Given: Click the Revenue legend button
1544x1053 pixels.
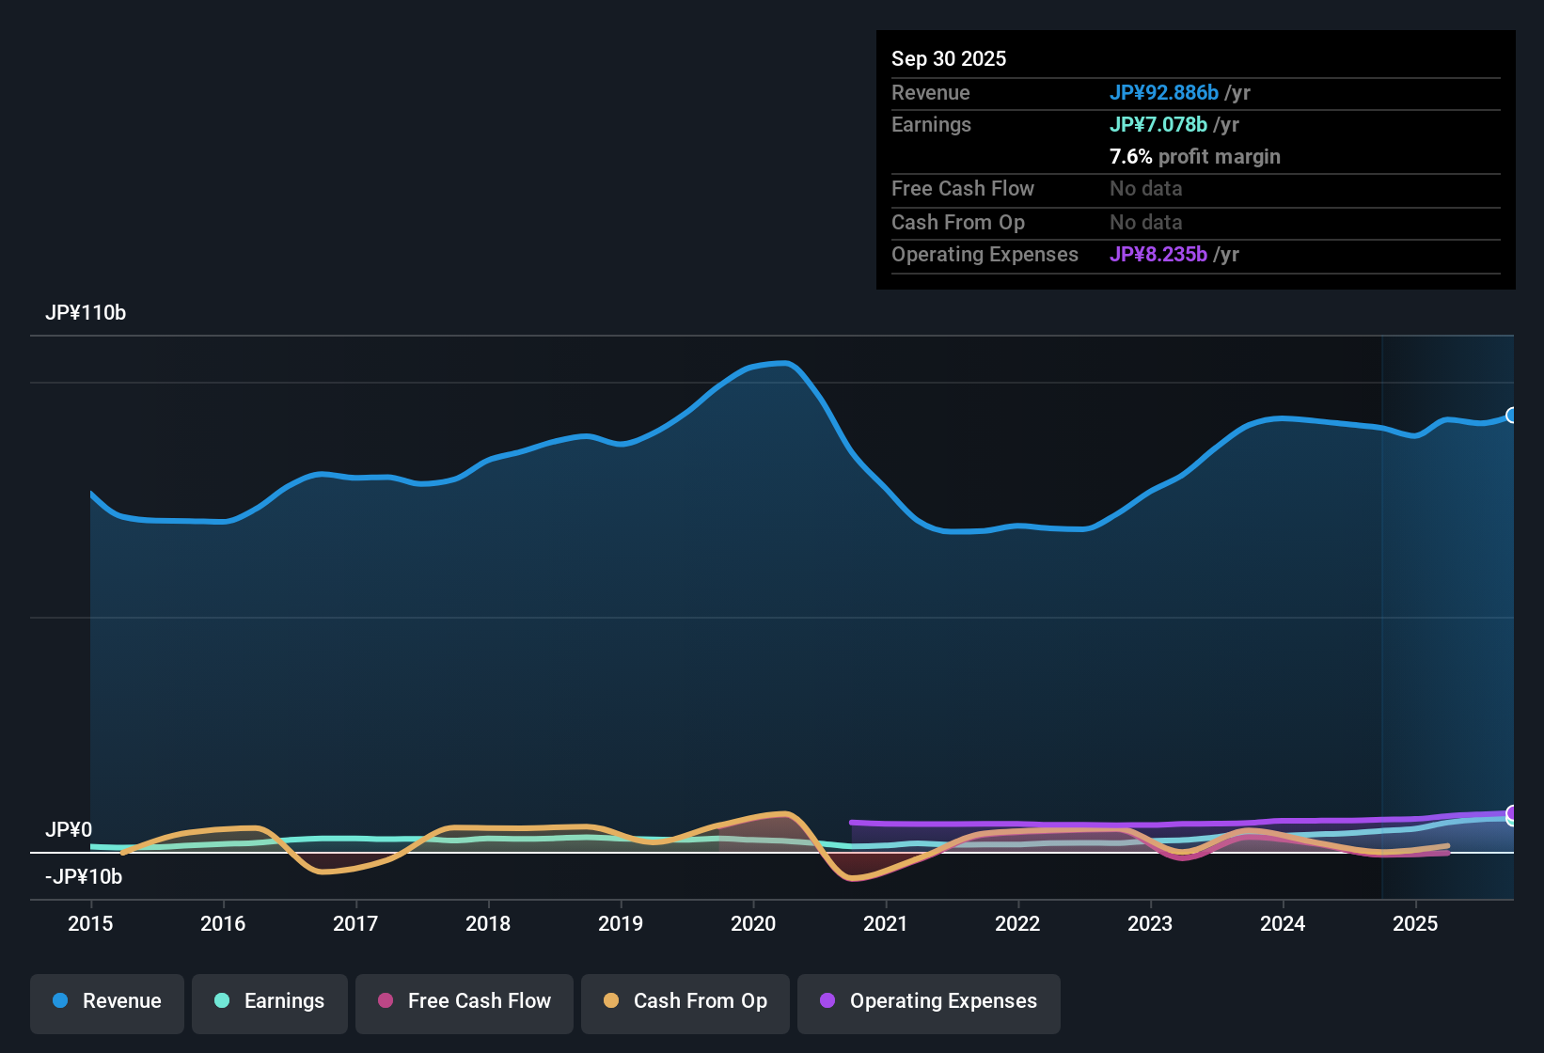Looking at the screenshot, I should [x=107, y=1001].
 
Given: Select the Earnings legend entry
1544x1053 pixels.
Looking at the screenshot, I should [x=270, y=1001].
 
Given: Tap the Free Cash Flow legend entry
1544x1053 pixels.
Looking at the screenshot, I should [x=465, y=1001].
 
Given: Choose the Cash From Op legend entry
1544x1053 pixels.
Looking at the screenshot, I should [x=685, y=1001].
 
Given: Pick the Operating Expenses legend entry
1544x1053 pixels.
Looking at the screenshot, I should [x=929, y=1001].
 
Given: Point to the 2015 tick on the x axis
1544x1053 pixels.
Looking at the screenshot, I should [x=90, y=923].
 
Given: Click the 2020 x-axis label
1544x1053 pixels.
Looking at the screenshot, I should [x=753, y=923].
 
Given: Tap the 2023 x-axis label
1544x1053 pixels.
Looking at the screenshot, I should [x=1150, y=923].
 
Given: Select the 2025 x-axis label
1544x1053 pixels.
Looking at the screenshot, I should [x=1415, y=923].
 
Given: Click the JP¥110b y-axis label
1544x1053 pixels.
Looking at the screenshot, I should [x=86, y=313].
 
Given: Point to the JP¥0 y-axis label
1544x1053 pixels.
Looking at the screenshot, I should [x=69, y=829].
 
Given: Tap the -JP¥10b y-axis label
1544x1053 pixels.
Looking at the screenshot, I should [x=84, y=876].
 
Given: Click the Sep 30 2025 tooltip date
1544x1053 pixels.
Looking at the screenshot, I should [x=949, y=58].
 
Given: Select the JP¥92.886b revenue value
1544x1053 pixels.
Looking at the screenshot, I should [x=1164, y=92].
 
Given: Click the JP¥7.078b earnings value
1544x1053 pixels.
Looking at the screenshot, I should [x=1158, y=124].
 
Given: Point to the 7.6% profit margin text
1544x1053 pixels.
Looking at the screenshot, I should [x=1195, y=156].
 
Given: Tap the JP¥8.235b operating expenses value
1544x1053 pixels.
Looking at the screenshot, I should [x=1158, y=254].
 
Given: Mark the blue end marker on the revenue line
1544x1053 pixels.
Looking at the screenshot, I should [x=1511, y=416].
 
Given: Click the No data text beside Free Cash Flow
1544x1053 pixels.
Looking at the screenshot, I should [x=1145, y=188].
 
